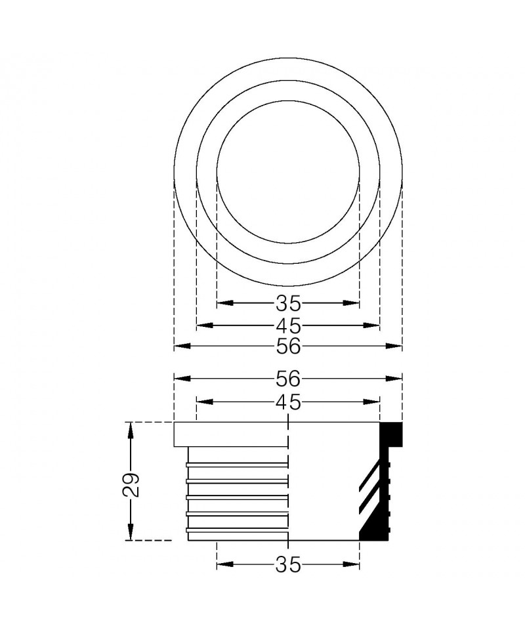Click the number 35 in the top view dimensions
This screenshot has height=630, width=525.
(x=288, y=303)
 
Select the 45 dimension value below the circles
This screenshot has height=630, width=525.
(x=288, y=325)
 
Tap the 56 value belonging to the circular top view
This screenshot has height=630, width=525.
(x=288, y=346)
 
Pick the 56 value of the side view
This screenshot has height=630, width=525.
(x=288, y=378)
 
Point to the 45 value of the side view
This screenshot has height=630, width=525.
(x=288, y=402)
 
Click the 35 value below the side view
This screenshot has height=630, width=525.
(x=288, y=564)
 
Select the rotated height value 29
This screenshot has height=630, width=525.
(x=131, y=485)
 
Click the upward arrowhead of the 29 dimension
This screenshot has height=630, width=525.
(x=130, y=430)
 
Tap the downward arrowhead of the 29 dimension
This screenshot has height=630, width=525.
(x=130, y=532)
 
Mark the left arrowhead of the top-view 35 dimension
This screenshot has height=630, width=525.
(x=225, y=303)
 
